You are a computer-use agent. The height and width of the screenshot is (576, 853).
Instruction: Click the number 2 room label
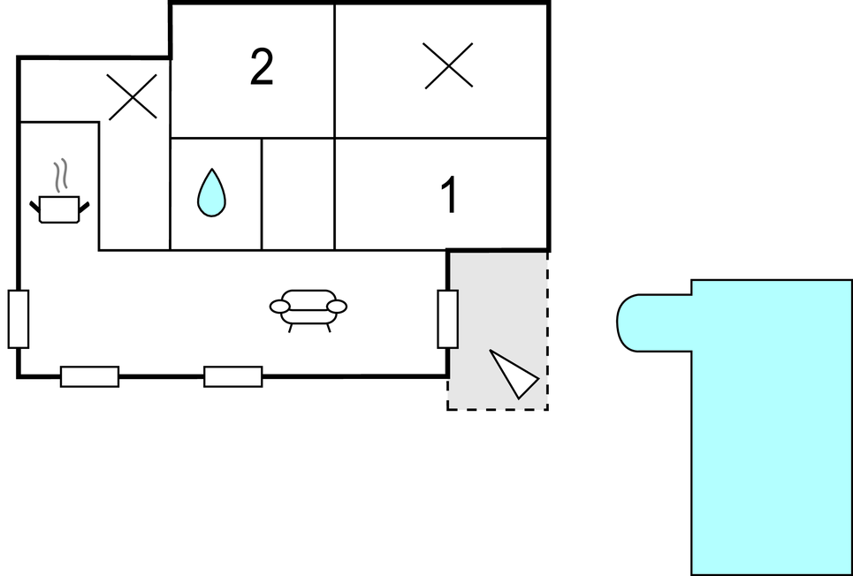[x=261, y=68]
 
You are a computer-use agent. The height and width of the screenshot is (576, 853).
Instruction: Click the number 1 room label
[x=449, y=195]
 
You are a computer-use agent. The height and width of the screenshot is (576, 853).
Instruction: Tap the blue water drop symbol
[x=211, y=193]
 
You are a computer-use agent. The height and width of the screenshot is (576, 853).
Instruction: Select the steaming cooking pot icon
[x=59, y=208]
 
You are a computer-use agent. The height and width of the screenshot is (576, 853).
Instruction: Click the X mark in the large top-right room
[x=448, y=66]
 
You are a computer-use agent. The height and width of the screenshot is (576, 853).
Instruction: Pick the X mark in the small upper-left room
[x=132, y=96]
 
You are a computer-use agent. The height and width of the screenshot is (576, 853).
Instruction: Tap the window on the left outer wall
[x=19, y=318]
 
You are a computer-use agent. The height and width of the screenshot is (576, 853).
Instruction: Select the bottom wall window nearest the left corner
[x=89, y=376]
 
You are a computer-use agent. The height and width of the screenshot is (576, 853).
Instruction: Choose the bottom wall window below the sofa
[x=233, y=376]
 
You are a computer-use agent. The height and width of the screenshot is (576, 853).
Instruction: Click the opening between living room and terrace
[x=448, y=318]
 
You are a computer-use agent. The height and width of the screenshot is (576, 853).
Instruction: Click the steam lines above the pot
[x=60, y=176]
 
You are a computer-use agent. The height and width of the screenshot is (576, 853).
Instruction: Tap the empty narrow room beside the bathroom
[x=298, y=193]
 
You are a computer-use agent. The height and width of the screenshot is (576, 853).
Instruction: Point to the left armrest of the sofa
[x=280, y=307]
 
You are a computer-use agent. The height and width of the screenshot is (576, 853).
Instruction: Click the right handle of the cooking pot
[x=84, y=207]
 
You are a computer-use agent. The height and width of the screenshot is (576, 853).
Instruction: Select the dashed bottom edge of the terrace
[x=497, y=409]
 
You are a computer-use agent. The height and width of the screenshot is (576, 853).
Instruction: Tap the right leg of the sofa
[x=329, y=327]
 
